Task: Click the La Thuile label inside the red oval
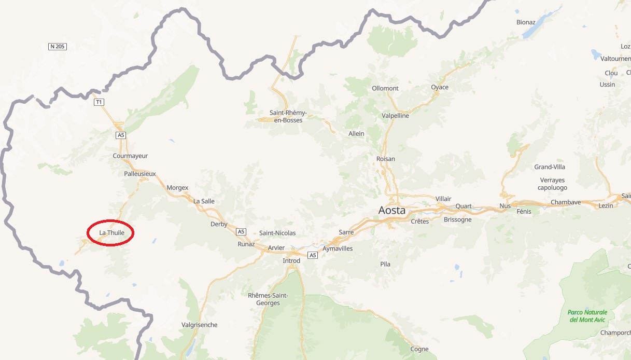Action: [111, 233]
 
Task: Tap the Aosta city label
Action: [392, 211]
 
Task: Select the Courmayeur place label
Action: [130, 156]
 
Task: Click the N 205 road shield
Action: [58, 47]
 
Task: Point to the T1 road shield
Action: [99, 102]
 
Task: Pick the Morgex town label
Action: [177, 187]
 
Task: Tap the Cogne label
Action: [419, 349]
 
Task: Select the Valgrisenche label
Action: [200, 325]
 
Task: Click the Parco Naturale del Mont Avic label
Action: [587, 316]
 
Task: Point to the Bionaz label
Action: [526, 22]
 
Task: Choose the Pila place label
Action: [385, 264]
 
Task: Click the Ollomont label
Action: [385, 88]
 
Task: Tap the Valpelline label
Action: [395, 116]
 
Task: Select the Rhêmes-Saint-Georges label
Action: [268, 299]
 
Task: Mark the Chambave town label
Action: [566, 202]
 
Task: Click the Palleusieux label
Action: [140, 174]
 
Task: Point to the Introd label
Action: [291, 260]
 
